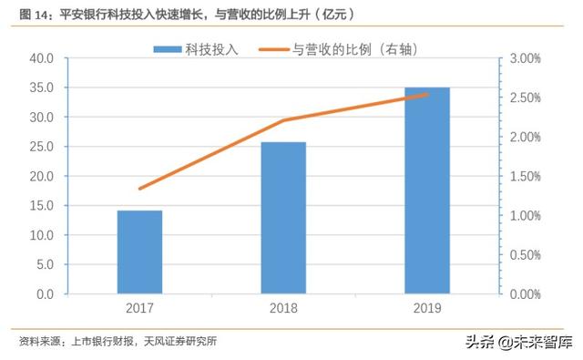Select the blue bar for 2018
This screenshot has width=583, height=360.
coord(283,218)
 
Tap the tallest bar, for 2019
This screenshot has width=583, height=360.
coord(427,190)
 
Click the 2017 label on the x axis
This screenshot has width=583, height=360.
coord(139,309)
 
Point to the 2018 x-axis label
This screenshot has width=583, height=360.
coord(283,309)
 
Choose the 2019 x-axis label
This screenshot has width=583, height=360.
coord(427,309)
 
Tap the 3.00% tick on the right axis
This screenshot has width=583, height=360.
coord(526,58)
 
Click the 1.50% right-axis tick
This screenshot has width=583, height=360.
coord(526,176)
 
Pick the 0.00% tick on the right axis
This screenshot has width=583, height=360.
coord(526,294)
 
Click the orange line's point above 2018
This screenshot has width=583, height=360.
coord(283,120)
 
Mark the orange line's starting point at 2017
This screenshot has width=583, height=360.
coord(139,189)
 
